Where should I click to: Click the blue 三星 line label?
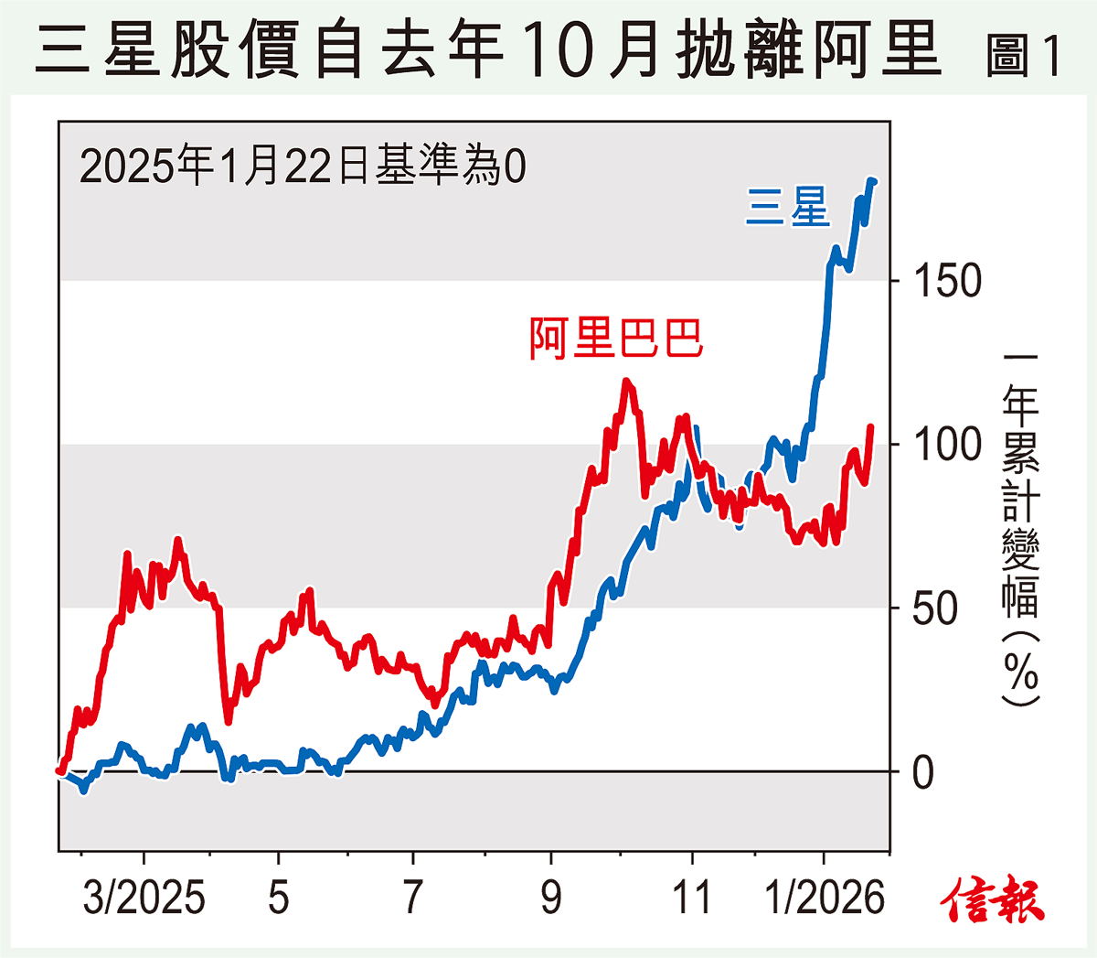pyautogui.click(x=787, y=207)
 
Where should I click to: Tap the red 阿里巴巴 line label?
pyautogui.click(x=616, y=339)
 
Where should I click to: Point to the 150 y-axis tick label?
pyautogui.click(x=947, y=281)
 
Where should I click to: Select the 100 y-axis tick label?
pyautogui.click(x=947, y=445)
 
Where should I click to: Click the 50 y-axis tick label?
pyautogui.click(x=935, y=608)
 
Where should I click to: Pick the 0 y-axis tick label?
pyautogui.click(x=923, y=772)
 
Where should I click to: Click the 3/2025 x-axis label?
pyautogui.click(x=144, y=898)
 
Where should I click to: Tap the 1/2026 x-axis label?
pyautogui.click(x=825, y=898)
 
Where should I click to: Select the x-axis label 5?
pyautogui.click(x=279, y=898)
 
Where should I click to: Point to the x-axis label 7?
pyautogui.click(x=413, y=898)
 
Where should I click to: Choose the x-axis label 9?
pyautogui.click(x=550, y=898)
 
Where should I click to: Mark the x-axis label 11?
pyautogui.click(x=692, y=898)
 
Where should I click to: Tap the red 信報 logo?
pyautogui.click(x=994, y=899)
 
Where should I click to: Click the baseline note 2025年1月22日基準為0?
pyautogui.click(x=303, y=167)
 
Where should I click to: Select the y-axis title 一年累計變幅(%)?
pyautogui.click(x=1020, y=528)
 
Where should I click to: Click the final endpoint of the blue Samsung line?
pyautogui.click(x=873, y=182)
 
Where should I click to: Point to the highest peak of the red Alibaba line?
pyautogui.click(x=626, y=382)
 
